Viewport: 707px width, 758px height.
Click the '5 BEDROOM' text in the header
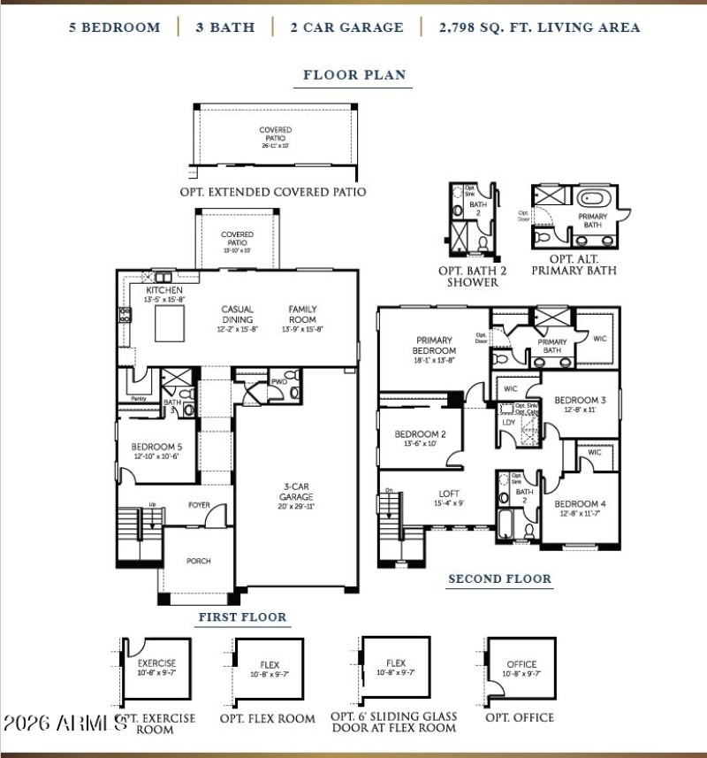click(x=115, y=27)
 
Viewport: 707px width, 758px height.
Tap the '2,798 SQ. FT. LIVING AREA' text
click(x=539, y=27)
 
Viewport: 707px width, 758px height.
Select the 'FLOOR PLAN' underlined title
click(x=354, y=75)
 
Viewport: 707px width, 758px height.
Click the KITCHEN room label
click(x=164, y=290)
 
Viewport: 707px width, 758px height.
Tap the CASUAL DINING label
click(x=238, y=315)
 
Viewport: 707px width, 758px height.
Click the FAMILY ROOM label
click(x=302, y=315)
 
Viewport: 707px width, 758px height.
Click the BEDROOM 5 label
click(x=156, y=447)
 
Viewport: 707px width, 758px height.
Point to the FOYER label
click(x=200, y=506)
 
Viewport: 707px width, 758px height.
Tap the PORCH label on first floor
click(x=198, y=561)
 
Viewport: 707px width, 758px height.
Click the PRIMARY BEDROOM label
click(x=434, y=345)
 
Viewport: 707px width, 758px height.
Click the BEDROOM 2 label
click(x=420, y=434)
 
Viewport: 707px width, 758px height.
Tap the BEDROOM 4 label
click(x=580, y=504)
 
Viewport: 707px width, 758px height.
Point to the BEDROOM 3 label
click(x=580, y=400)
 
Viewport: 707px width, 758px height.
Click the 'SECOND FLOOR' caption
click(x=499, y=579)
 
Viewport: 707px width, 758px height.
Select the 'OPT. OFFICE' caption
click(x=520, y=717)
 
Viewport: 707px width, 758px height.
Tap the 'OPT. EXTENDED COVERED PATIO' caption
click(x=273, y=192)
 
